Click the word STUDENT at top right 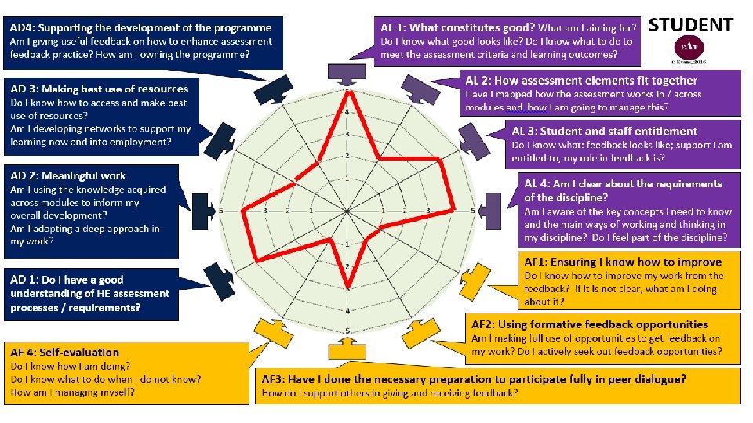[x=691, y=26]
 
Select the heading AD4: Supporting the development [x=141, y=28]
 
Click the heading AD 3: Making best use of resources [x=100, y=89]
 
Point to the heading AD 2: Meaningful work [x=68, y=175]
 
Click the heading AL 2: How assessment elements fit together [x=581, y=81]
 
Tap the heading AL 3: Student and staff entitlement [x=604, y=132]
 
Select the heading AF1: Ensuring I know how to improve [x=623, y=262]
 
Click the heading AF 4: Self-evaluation [x=65, y=352]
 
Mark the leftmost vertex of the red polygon [x=243, y=210]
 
